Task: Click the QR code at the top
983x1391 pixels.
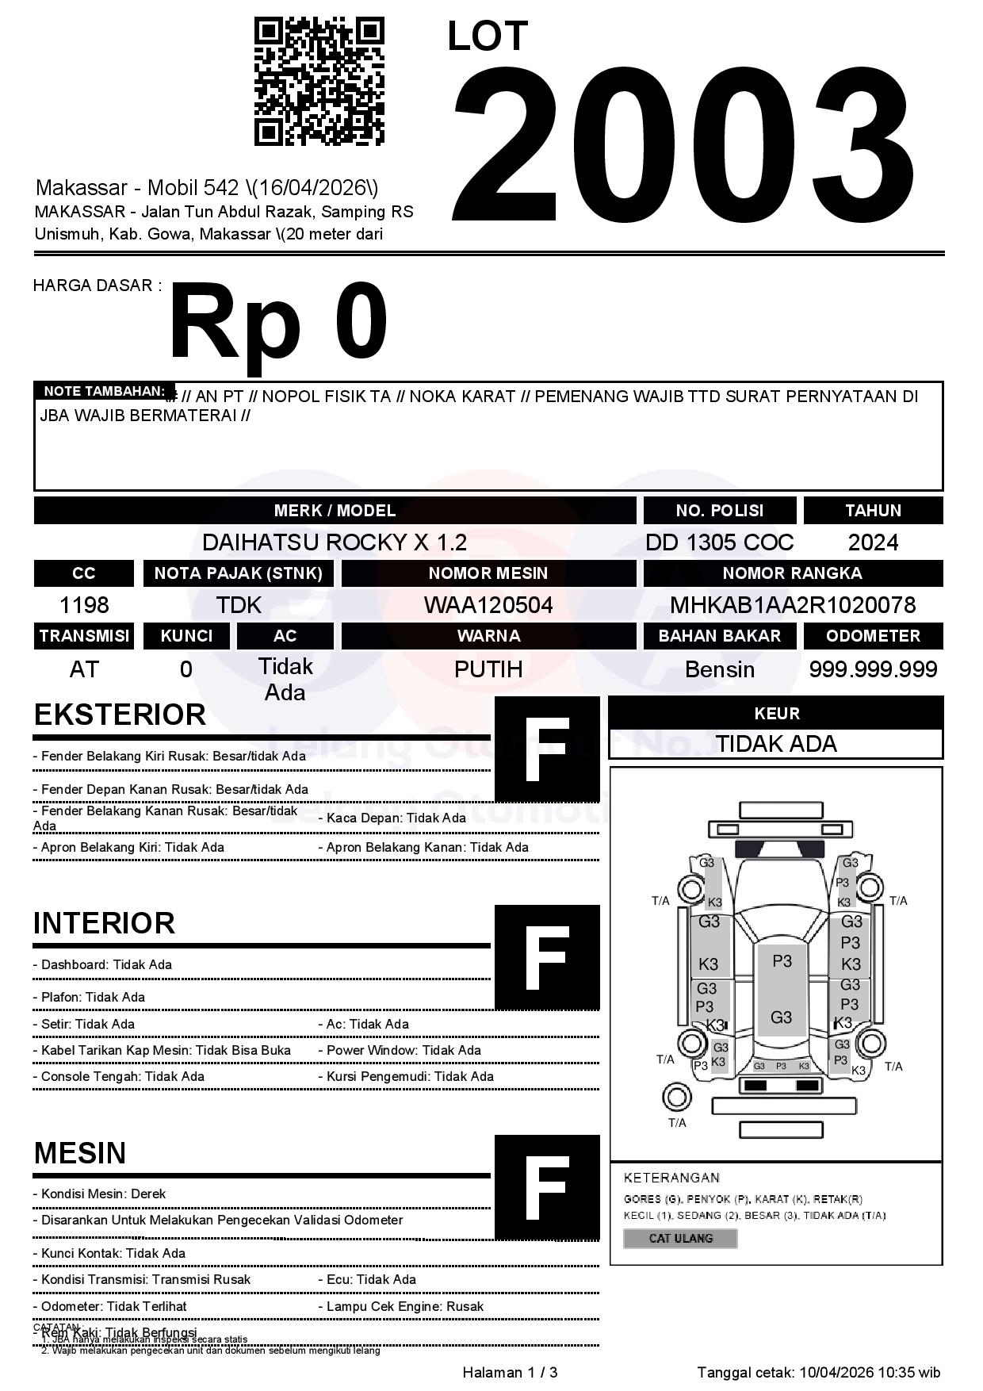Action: coord(319,82)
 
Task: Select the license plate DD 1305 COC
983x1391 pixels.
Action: coord(719,542)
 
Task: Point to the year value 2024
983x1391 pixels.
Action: coord(873,542)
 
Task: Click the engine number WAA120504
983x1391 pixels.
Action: coord(488,605)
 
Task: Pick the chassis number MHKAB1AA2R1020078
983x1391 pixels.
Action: coord(793,605)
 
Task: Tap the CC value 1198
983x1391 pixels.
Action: coord(84,605)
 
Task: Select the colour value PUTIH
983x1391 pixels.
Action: coord(488,669)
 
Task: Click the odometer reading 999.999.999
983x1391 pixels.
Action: coord(873,669)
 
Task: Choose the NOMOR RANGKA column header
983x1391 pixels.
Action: coord(793,573)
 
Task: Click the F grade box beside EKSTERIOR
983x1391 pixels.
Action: coord(547,749)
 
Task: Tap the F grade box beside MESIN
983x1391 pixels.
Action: coord(547,1187)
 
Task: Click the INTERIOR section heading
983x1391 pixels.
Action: coord(104,923)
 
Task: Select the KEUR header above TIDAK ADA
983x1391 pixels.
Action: coord(776,713)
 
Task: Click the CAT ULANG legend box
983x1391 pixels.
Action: coord(680,1238)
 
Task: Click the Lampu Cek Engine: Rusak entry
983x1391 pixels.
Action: coord(404,1306)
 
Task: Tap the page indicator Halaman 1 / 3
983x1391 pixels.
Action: coord(510,1372)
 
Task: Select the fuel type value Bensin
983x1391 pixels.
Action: coord(719,669)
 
